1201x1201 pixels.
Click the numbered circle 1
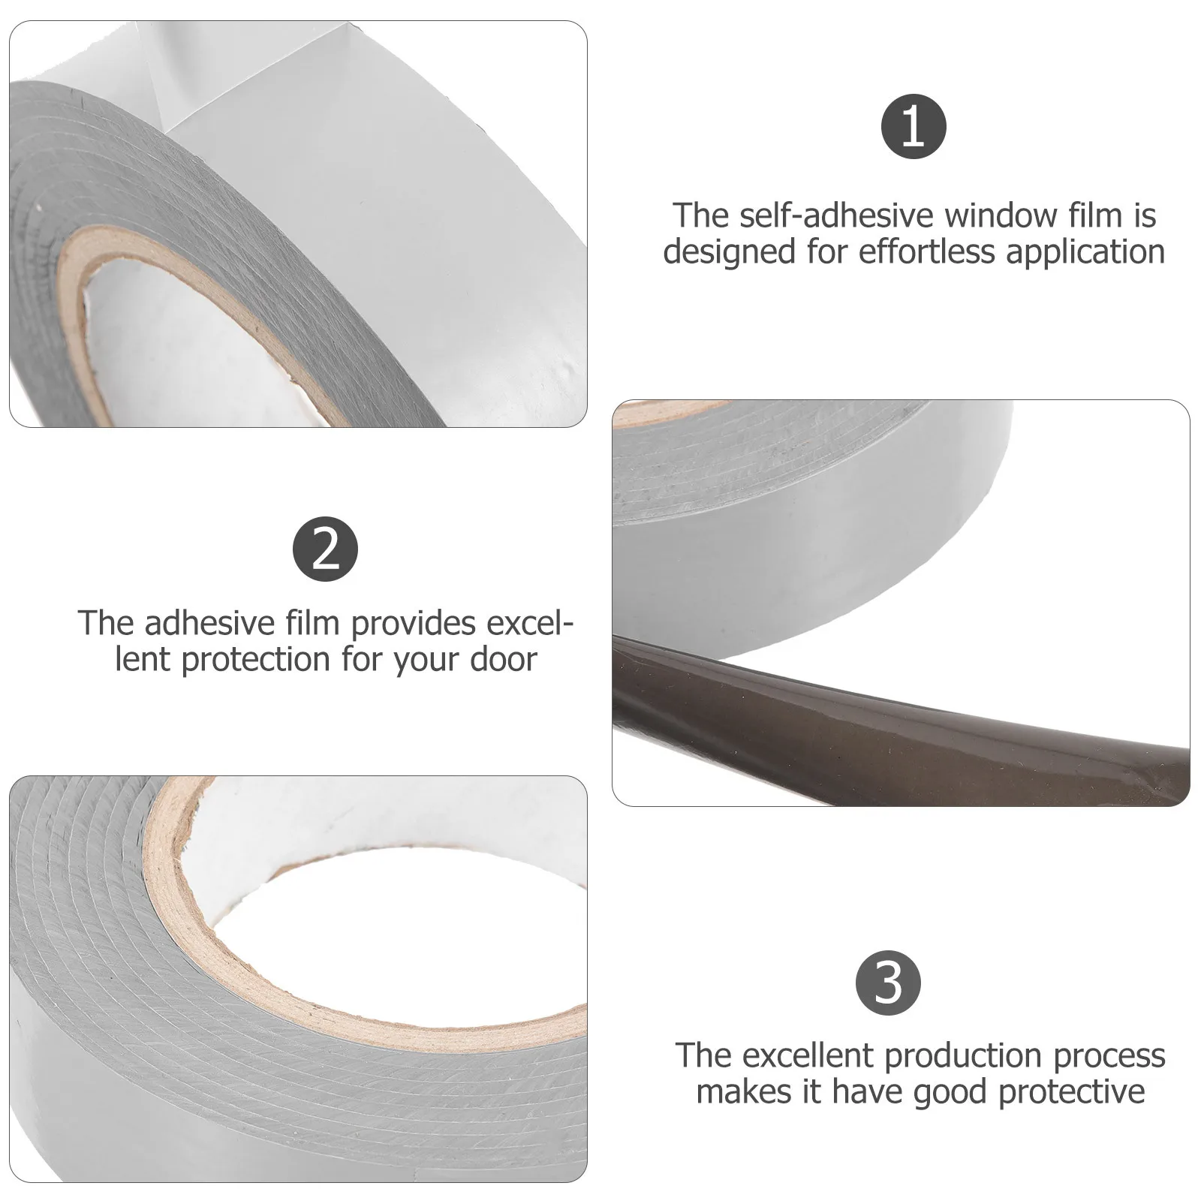[913, 128]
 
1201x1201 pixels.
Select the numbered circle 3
[888, 982]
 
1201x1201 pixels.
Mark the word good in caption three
[951, 1091]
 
